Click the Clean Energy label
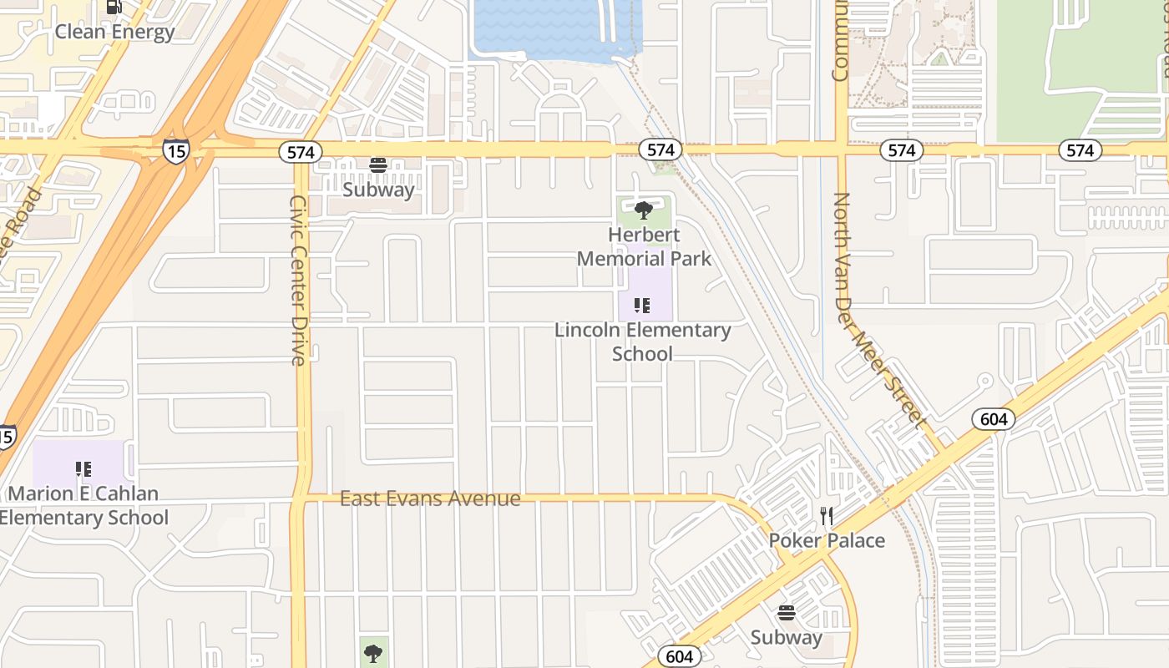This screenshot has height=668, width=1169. pos(114,32)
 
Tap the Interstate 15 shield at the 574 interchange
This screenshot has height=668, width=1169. pos(175,151)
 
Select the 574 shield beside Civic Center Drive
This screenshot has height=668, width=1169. pos(301,151)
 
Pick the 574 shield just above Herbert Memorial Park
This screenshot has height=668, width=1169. pos(660,149)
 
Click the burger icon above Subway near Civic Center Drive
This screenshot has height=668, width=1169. pos(378,164)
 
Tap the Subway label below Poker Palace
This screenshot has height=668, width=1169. pos(786,637)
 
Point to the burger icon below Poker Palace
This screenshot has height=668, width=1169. pos(786,614)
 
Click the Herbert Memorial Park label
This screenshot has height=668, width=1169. pos(644,246)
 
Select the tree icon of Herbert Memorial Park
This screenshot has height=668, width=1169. pos(643,210)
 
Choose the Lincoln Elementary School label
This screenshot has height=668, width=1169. pos(642,342)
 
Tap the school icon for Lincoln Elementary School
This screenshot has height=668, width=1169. pos(641,306)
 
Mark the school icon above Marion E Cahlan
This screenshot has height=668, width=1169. pos(83,469)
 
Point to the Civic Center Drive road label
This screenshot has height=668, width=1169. pos(298,280)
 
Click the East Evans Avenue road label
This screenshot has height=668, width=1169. pos(430,498)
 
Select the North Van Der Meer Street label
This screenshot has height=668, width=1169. pos(879,309)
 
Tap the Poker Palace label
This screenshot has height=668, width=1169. pos(827,540)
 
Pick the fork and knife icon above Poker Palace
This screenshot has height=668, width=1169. pos(827,516)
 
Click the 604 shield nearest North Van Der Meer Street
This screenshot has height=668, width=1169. pos(994,419)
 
